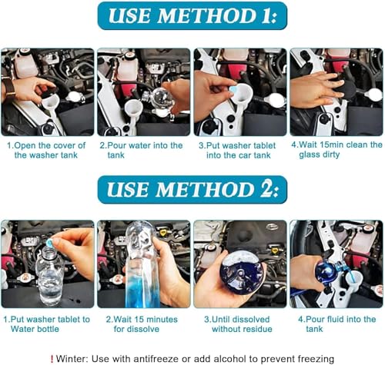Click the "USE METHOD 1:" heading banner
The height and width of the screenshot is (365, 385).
(192, 16)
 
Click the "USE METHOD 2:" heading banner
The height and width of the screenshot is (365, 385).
(192, 190)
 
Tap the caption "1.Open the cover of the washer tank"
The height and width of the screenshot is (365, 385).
(46, 150)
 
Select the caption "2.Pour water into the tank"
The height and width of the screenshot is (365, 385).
(141, 150)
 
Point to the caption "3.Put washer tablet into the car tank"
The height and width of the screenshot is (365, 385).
(237, 151)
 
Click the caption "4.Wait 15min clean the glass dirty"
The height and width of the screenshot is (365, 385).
(336, 150)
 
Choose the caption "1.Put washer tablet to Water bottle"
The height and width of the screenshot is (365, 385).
(47, 324)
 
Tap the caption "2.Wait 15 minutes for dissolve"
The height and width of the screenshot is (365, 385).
(142, 324)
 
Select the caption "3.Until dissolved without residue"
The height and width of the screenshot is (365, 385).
(238, 324)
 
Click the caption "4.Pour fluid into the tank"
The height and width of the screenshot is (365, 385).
(336, 324)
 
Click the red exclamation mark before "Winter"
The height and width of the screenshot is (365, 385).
(52, 359)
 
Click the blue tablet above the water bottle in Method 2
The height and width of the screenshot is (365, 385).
(49, 242)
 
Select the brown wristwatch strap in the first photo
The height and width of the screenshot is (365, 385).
(9, 88)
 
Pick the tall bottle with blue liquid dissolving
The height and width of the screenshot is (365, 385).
(141, 264)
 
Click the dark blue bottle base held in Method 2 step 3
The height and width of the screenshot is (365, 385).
(242, 272)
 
